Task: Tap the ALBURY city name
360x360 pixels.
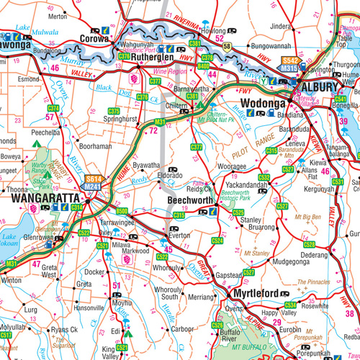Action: point(316,86)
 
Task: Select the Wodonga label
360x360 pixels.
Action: point(264,102)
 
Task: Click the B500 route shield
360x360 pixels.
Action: point(122,211)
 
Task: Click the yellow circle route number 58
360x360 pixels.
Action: point(227,47)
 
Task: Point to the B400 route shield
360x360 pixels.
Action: point(203,66)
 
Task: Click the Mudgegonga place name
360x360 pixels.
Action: point(279,264)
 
